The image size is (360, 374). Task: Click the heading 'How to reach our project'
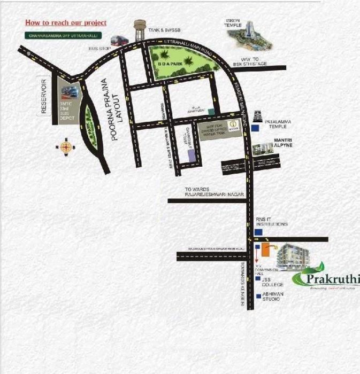(66, 23)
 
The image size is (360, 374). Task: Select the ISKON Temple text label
(233, 22)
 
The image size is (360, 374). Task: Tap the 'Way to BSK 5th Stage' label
(246, 62)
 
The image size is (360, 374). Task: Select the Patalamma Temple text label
(279, 125)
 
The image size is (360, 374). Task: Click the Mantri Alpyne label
(282, 142)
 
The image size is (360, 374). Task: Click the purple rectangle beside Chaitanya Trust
(192, 155)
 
